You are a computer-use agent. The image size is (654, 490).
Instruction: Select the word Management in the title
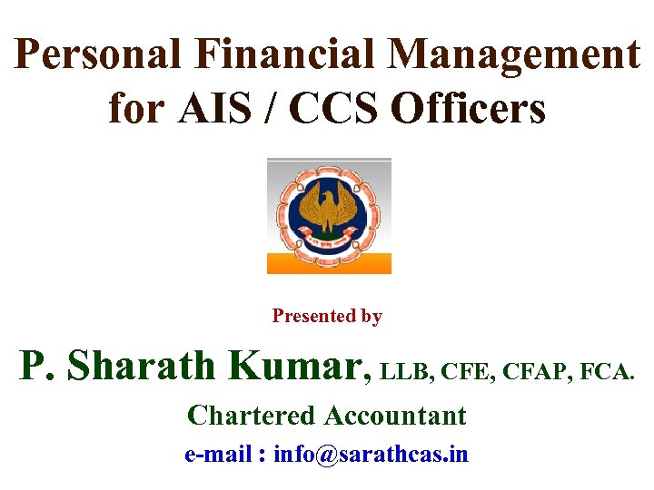[x=515, y=56]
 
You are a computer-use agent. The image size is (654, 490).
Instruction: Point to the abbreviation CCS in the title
[x=338, y=109]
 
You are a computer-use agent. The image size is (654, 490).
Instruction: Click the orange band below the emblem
[x=328, y=263]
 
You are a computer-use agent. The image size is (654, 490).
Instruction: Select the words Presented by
[x=327, y=317]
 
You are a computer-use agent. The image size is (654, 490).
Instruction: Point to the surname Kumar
[x=299, y=366]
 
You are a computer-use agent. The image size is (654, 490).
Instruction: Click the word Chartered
[x=251, y=416]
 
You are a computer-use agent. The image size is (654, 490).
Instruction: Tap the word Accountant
[x=395, y=416]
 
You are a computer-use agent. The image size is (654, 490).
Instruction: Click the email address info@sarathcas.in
[x=371, y=454]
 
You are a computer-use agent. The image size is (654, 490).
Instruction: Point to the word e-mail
[x=216, y=454]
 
